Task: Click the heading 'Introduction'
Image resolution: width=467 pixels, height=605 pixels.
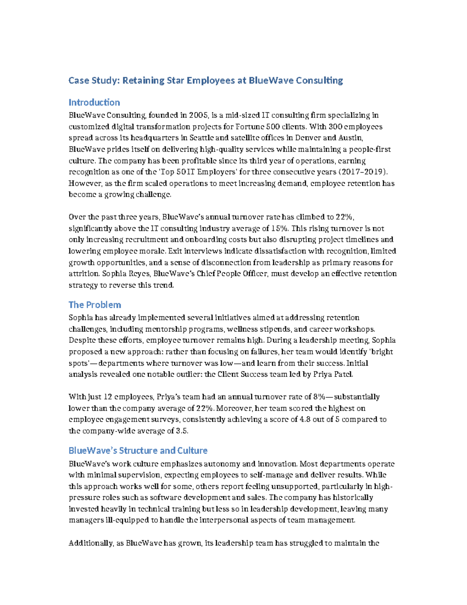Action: click(x=94, y=102)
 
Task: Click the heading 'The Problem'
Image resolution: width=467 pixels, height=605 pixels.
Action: click(x=95, y=305)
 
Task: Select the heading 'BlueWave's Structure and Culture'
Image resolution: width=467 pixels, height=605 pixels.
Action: click(x=138, y=450)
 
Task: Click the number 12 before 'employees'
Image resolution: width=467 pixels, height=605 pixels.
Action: click(x=108, y=397)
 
